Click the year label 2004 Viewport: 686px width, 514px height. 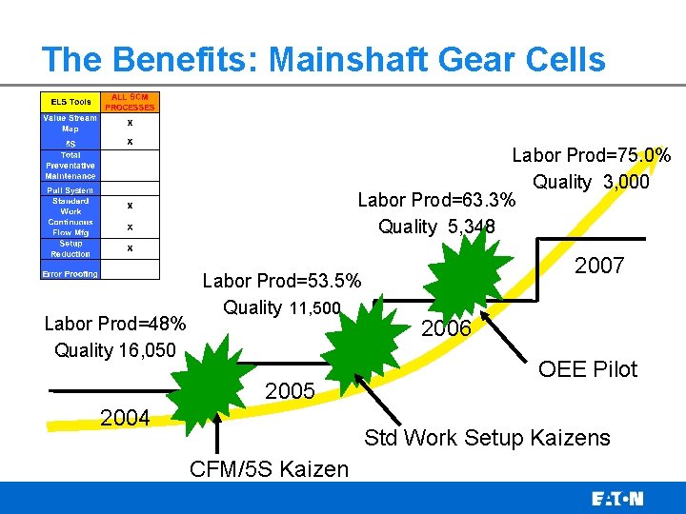pyautogui.click(x=125, y=416)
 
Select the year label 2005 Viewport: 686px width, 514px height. pyautogui.click(x=291, y=392)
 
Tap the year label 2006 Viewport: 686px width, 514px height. pyautogui.click(x=446, y=328)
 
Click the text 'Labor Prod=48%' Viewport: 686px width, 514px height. pyautogui.click(x=115, y=324)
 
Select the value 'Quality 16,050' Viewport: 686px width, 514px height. pyautogui.click(x=115, y=350)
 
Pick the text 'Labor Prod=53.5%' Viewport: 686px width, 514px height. pyautogui.click(x=282, y=281)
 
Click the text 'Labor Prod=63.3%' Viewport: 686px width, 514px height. pyautogui.click(x=436, y=201)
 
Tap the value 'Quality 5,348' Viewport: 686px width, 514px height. pyautogui.click(x=436, y=227)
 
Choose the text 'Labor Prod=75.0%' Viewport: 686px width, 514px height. pyautogui.click(x=592, y=155)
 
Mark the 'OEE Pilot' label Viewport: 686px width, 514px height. pyautogui.click(x=588, y=369)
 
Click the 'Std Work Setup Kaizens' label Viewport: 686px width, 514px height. pyautogui.click(x=487, y=438)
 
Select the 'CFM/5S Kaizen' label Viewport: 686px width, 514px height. pyautogui.click(x=270, y=468)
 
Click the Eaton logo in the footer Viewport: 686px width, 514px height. pyautogui.click(x=617, y=499)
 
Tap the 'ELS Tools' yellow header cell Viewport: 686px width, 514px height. pyautogui.click(x=70, y=102)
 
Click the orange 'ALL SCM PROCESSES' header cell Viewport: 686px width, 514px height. pyautogui.click(x=130, y=102)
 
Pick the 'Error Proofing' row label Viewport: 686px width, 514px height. pyautogui.click(x=70, y=274)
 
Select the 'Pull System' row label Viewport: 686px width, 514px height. pyautogui.click(x=70, y=190)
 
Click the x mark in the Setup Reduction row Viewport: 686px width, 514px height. pyautogui.click(x=130, y=248)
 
